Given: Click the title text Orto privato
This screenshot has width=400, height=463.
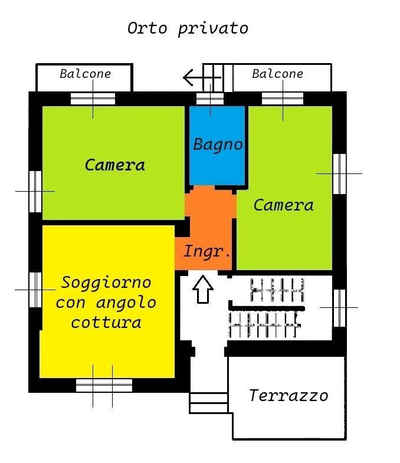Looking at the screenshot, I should (x=188, y=28).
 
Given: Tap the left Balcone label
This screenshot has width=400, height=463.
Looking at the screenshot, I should (x=86, y=74).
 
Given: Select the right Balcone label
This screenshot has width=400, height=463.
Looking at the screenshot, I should (x=277, y=74).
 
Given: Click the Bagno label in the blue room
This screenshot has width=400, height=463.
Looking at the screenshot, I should (x=218, y=145).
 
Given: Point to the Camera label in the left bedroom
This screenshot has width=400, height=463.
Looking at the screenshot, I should (x=115, y=165).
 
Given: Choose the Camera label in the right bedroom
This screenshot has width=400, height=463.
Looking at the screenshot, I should (x=283, y=205).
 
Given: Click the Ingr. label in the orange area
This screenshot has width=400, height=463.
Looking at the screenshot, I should (x=206, y=252).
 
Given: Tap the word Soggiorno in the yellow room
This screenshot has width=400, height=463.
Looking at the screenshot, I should (x=106, y=283).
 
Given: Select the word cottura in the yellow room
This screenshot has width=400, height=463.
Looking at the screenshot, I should (x=106, y=323).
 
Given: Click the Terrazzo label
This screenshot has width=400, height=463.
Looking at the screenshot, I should (x=288, y=395).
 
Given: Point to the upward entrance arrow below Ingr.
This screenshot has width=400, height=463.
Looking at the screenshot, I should (x=203, y=289).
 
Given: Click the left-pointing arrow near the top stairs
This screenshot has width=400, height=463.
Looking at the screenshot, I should (x=198, y=77).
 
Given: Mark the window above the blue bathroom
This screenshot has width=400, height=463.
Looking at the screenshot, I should (x=210, y=98).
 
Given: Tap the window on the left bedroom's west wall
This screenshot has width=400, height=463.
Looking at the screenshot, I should (x=35, y=191).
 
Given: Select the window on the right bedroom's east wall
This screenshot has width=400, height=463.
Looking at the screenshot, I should (x=339, y=173).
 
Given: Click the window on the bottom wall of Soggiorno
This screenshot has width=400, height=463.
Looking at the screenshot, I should (x=104, y=386).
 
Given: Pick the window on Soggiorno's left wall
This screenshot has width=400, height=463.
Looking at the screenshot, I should (x=35, y=290).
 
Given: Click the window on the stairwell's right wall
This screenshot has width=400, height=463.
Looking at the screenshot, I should (x=339, y=307).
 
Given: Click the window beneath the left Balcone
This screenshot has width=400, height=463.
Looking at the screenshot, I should (x=93, y=98).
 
